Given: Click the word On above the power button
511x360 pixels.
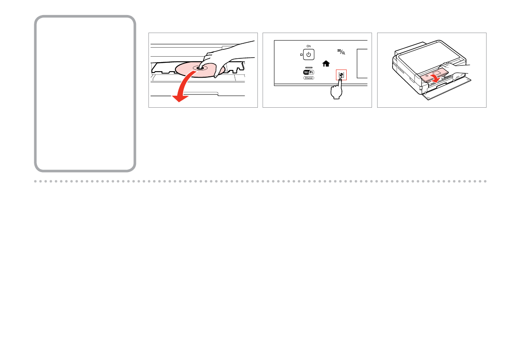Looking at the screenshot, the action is coord(308,46).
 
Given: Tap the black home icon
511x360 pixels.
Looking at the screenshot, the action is coord(326,64).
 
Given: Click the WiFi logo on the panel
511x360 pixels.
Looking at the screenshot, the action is coord(308,73).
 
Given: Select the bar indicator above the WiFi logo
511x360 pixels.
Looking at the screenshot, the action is coord(308,67).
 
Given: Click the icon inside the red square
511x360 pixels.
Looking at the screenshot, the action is coord(341,74).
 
